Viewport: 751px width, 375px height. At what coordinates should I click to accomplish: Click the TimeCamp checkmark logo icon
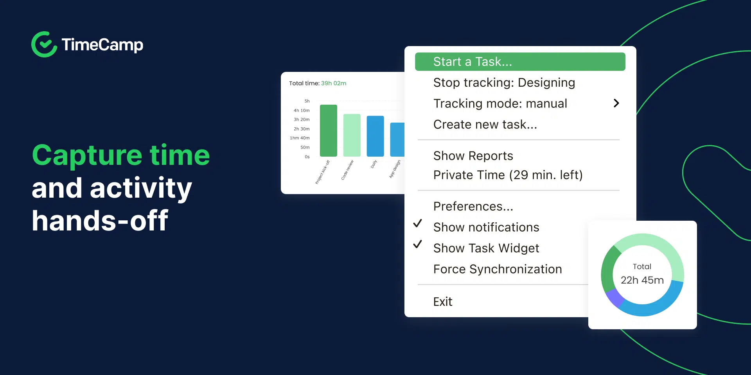pyautogui.click(x=44, y=45)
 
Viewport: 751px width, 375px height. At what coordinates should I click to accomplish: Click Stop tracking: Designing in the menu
pyautogui.click(x=504, y=83)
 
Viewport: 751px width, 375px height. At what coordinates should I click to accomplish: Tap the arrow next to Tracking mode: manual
pyautogui.click(x=616, y=103)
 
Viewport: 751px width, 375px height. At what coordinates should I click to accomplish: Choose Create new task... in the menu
pyautogui.click(x=485, y=125)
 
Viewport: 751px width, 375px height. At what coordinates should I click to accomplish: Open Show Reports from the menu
pyautogui.click(x=473, y=156)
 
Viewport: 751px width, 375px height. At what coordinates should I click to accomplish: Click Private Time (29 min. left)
pyautogui.click(x=508, y=175)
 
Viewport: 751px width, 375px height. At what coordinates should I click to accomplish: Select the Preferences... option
pyautogui.click(x=473, y=206)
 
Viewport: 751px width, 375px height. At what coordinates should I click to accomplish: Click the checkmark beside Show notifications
pyautogui.click(x=418, y=223)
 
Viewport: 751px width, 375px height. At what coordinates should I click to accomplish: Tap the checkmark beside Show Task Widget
pyautogui.click(x=418, y=244)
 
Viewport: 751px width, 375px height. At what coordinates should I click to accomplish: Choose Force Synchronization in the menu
pyautogui.click(x=497, y=269)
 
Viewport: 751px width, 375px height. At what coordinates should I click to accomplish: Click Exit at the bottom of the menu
pyautogui.click(x=442, y=302)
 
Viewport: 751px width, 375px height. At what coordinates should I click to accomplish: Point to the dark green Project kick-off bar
pyautogui.click(x=328, y=131)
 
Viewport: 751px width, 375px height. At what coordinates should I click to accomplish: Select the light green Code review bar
pyautogui.click(x=352, y=135)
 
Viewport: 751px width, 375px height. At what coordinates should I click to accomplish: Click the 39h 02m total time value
pyautogui.click(x=333, y=83)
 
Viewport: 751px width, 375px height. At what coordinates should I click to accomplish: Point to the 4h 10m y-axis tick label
pyautogui.click(x=302, y=111)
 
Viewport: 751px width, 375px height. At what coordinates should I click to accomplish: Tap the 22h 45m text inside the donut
pyautogui.click(x=642, y=280)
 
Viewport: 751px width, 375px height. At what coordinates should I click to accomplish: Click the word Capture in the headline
pyautogui.click(x=86, y=156)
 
